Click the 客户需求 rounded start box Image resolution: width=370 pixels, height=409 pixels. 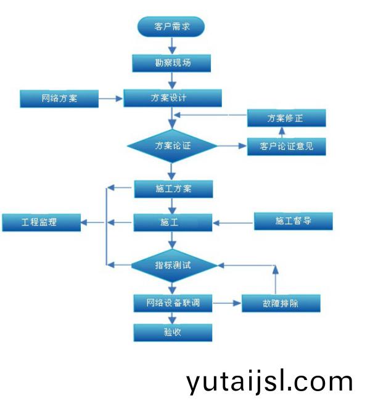(x=171, y=26)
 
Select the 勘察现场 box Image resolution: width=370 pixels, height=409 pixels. (x=171, y=63)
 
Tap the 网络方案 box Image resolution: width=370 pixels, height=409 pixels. (x=59, y=99)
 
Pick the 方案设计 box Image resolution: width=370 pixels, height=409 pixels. (x=173, y=98)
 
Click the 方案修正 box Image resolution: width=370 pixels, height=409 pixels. (x=287, y=118)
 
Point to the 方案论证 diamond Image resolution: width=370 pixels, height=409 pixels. (x=172, y=146)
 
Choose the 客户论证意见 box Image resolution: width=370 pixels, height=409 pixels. (x=287, y=147)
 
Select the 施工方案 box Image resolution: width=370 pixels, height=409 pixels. (x=173, y=189)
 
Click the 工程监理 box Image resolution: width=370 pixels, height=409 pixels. (x=41, y=222)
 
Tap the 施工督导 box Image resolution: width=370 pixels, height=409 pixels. (x=294, y=221)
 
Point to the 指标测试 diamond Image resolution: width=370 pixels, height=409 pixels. (x=174, y=265)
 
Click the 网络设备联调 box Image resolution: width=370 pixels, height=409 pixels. (x=173, y=303)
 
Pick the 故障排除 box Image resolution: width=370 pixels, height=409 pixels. (x=281, y=303)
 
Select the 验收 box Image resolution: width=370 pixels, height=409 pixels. (x=173, y=333)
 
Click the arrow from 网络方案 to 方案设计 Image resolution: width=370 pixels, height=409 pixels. (x=111, y=99)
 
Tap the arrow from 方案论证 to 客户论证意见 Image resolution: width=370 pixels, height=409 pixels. (x=232, y=146)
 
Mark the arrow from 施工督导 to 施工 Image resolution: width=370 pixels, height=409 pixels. (x=233, y=223)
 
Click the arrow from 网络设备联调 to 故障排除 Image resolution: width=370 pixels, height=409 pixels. (x=227, y=303)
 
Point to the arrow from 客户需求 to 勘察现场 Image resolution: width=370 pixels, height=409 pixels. (x=172, y=46)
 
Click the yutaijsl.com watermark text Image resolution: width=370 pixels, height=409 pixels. (x=269, y=382)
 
